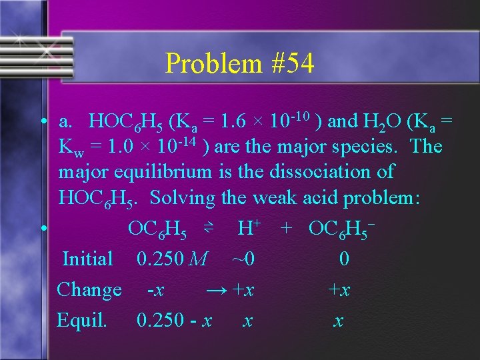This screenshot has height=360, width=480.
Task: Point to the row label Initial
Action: point(87,259)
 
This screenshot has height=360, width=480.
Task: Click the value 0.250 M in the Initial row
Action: point(171,259)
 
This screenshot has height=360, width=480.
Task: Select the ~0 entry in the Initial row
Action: point(243,259)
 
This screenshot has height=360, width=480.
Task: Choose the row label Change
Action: point(89,290)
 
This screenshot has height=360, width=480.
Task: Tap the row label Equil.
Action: point(82,321)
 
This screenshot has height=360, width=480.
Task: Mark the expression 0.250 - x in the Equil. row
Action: point(174,321)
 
